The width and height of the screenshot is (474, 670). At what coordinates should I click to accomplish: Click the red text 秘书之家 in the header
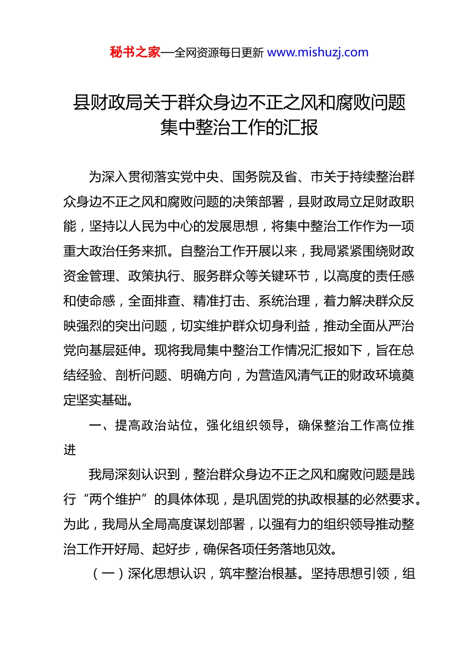click(135, 52)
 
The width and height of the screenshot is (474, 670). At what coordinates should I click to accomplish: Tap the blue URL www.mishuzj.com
click(318, 52)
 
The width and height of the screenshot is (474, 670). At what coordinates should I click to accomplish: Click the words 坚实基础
click(102, 400)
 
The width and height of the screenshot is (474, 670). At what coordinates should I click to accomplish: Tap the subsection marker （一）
click(109, 574)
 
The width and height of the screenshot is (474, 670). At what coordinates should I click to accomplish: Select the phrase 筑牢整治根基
click(258, 574)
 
